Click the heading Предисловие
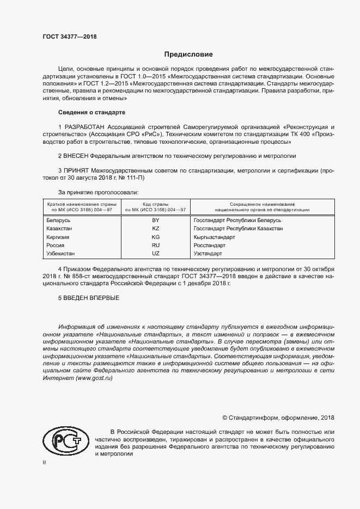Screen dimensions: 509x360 [189, 54]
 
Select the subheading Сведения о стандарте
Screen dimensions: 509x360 [91, 113]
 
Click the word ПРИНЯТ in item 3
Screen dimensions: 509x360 [77, 170]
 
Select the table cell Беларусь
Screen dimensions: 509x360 [59, 220]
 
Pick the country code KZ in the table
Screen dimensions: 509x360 [156, 229]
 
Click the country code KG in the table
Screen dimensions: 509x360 [156, 237]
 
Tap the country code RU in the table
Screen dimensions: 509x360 [156, 246]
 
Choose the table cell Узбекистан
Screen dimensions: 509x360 [62, 254]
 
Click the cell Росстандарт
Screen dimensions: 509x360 [210, 246]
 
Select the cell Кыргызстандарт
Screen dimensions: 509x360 [214, 237]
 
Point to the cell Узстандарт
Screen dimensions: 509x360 [208, 254]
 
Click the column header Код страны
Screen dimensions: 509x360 [156, 203]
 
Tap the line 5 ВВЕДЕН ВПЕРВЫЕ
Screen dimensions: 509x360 [88, 298]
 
